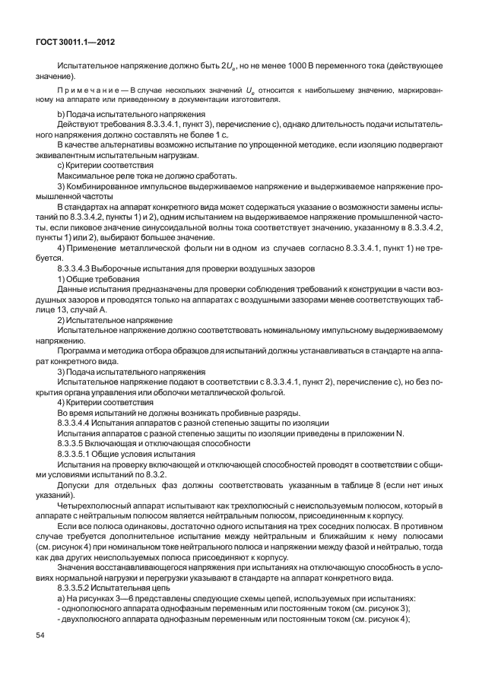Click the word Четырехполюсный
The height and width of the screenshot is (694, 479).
tap(95, 503)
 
